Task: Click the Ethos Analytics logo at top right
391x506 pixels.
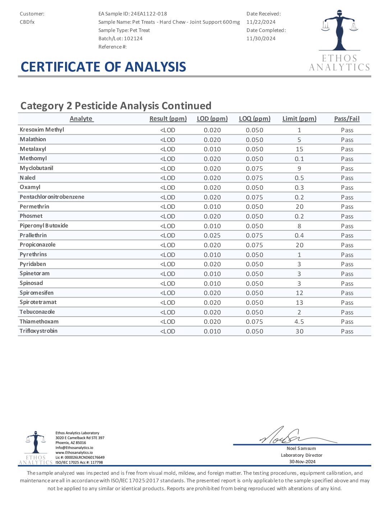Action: (339, 40)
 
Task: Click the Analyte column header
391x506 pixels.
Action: (81, 119)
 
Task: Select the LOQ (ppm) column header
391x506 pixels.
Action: (254, 119)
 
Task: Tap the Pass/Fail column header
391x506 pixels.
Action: (347, 119)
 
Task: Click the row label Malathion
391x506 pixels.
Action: (33, 139)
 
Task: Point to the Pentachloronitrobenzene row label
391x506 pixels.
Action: (52, 197)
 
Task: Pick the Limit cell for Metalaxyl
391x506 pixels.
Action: (299, 149)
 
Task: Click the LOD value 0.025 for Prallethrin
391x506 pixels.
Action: (212, 235)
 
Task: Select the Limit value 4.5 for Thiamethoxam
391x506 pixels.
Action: (299, 322)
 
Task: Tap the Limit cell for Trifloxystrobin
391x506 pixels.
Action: (299, 331)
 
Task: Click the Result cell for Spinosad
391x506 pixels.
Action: (167, 284)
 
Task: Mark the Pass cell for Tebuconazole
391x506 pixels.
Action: (347, 312)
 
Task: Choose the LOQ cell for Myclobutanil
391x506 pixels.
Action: (254, 169)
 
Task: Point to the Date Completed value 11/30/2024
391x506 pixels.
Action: (261, 38)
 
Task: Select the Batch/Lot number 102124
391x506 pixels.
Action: (133, 38)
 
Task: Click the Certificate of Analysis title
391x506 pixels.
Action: (103, 67)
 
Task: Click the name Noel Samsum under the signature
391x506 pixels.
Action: (301, 448)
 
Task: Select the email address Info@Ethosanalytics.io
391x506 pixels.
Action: (74, 448)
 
